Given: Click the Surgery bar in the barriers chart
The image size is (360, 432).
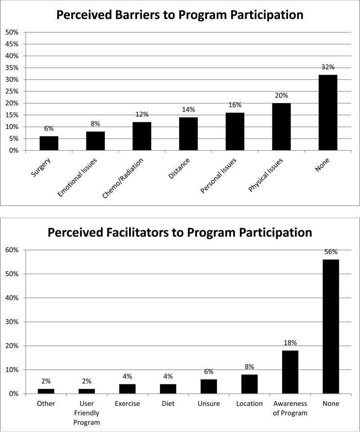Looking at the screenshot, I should click(x=49, y=143).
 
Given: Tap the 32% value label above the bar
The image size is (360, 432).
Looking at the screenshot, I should click(x=328, y=67).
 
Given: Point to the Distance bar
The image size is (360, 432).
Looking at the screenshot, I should click(x=188, y=134).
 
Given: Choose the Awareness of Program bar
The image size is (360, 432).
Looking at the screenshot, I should click(x=290, y=372).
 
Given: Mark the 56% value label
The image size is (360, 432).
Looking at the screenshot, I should click(x=330, y=252).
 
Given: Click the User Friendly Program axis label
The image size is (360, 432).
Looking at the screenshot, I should click(x=86, y=413).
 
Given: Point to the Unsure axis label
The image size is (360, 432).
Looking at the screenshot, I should click(x=208, y=404).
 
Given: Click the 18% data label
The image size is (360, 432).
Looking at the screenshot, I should click(x=290, y=343).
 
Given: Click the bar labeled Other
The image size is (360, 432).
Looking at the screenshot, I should click(x=46, y=391).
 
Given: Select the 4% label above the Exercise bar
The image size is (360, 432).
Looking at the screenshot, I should click(x=127, y=376).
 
